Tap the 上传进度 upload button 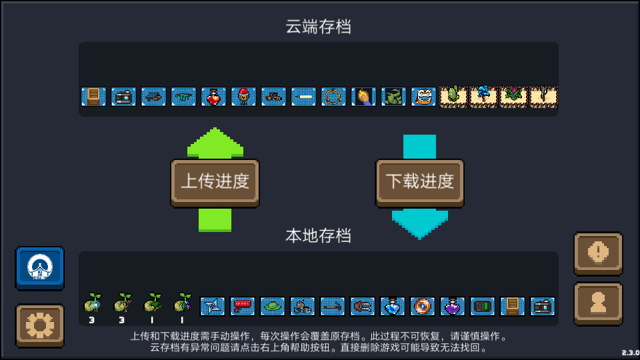pos(215,182)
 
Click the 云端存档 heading pos(319,27)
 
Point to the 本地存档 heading pos(319,236)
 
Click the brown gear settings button pos(40,325)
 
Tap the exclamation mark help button pos(599,253)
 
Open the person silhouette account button pos(599,304)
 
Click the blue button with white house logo pos(40,268)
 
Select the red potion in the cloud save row pos(213,97)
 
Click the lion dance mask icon pos(423,97)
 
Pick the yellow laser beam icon pos(304,97)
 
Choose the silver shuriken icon pos(212,306)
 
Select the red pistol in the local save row pos(243,306)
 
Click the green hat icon pos(272,306)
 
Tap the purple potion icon pos(452,306)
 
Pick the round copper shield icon pos(423,306)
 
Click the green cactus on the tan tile pos(453,97)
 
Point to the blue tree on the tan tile pos(483,97)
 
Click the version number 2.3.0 pos(631,353)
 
